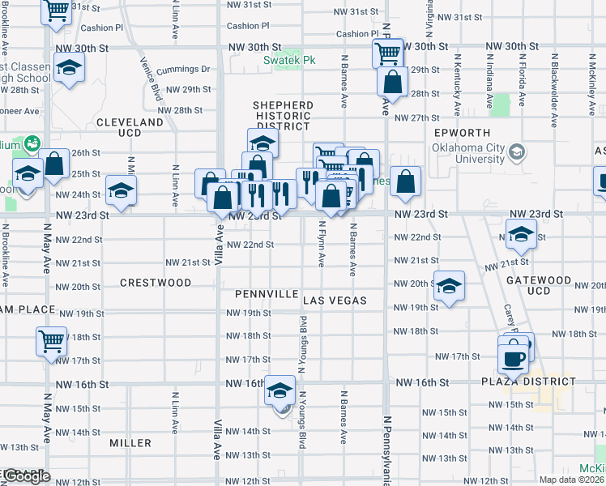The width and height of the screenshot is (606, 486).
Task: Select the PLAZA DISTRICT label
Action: click(531, 382)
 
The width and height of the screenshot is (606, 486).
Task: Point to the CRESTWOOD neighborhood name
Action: click(156, 283)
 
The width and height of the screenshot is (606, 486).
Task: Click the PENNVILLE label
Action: click(267, 293)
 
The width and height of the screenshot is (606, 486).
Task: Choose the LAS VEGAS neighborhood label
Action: click(335, 301)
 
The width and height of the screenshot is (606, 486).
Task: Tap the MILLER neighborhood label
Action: click(130, 443)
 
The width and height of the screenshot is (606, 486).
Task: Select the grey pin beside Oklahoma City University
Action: click(516, 151)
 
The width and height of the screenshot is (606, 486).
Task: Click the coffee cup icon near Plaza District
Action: click(514, 356)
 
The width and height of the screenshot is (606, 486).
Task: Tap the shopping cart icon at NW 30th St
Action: click(387, 54)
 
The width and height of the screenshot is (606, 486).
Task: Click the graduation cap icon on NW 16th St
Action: click(280, 390)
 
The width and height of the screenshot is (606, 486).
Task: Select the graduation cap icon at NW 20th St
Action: click(450, 287)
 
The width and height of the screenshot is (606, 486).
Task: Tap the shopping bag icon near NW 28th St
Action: click(392, 82)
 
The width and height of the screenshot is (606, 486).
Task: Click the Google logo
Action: click(26, 477)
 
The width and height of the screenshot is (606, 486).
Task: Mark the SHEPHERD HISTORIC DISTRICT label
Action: click(284, 116)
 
